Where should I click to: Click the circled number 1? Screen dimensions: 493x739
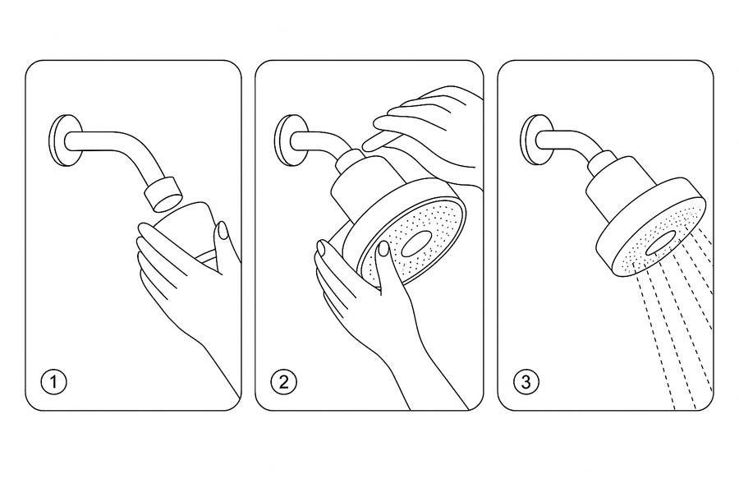(x=53, y=382)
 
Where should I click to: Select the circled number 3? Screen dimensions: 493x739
(x=526, y=382)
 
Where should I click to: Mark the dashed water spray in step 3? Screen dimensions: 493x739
(x=673, y=329)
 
